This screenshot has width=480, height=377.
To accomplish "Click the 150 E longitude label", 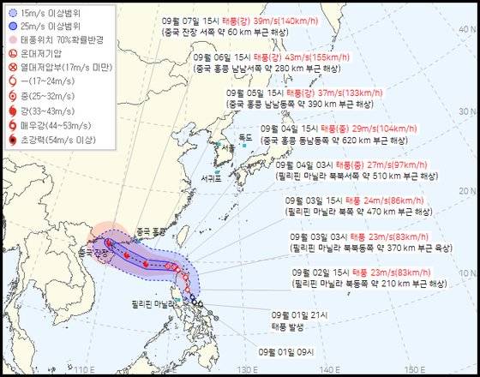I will coord(415,369).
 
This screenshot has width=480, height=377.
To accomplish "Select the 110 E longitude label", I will coord(83,369).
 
